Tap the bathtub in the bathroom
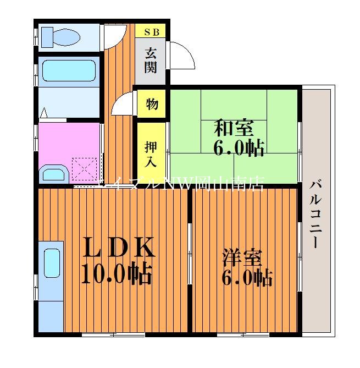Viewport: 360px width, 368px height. point(69,71)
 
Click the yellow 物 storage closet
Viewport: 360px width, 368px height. point(152,103)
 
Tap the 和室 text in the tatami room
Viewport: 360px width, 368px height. point(234,128)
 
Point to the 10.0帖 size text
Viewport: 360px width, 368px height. point(117,273)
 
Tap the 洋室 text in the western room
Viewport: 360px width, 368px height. point(242,257)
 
